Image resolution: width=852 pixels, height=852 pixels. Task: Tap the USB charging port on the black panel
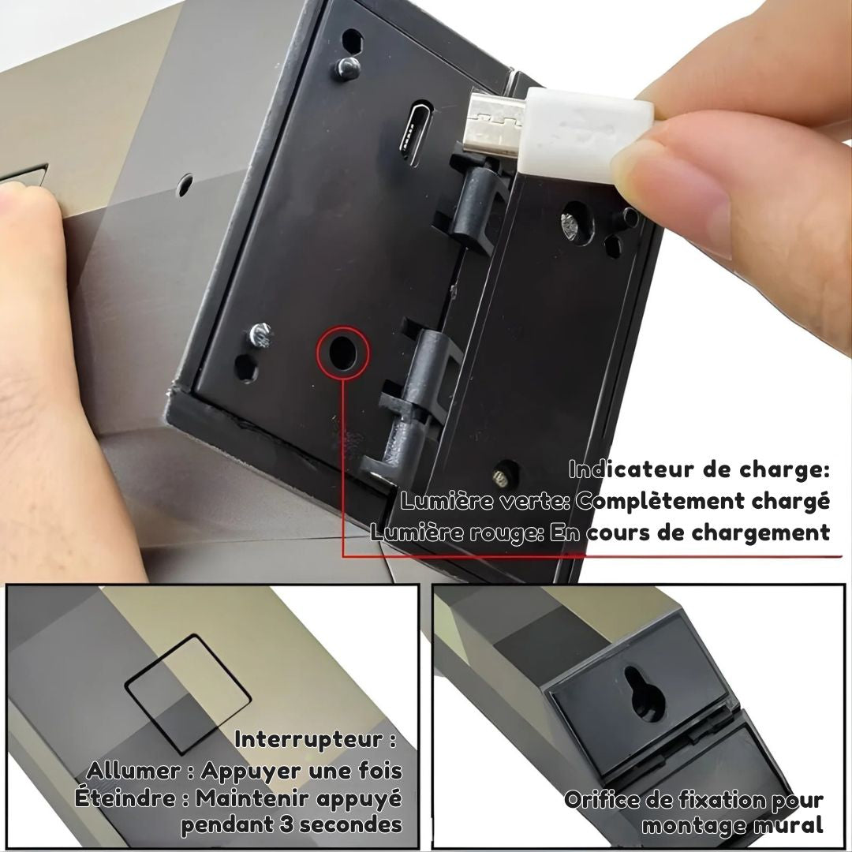413,133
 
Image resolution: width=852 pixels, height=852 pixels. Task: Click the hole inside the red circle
341,353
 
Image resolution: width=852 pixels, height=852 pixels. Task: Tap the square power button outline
188,693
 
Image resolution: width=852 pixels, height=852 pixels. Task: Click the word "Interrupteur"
308,739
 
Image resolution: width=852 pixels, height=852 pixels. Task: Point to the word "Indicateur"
630,469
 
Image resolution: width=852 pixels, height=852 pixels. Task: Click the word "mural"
789,825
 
